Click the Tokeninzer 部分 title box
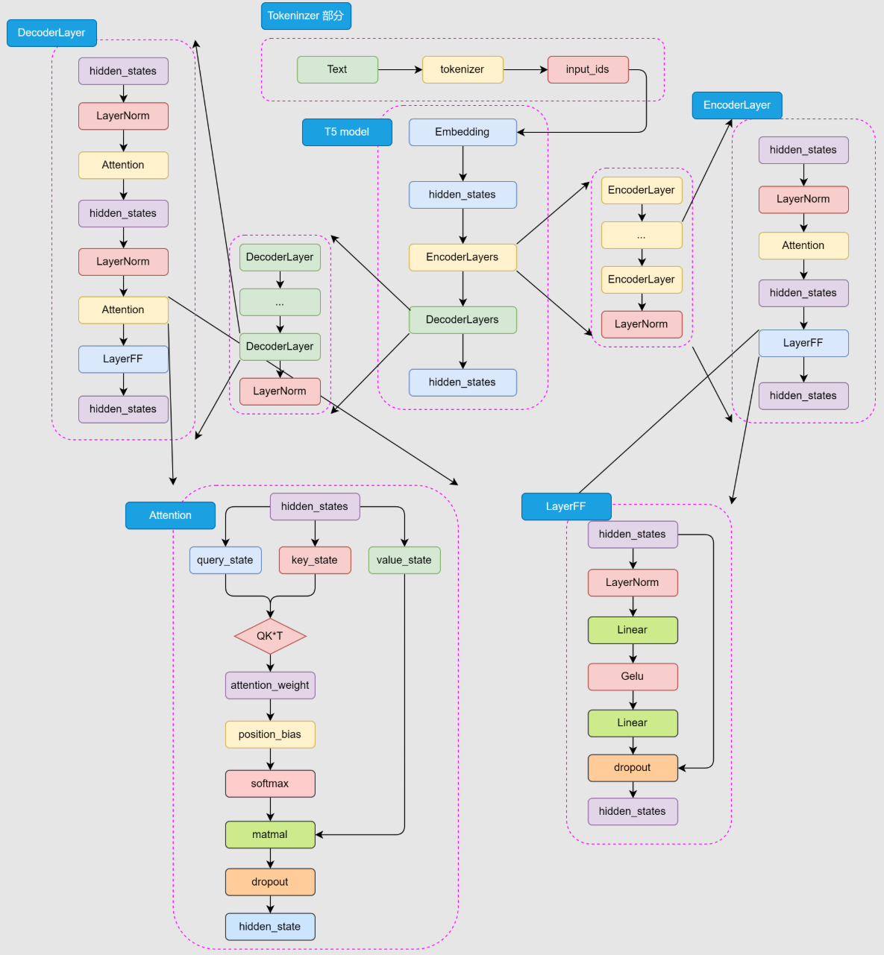[x=306, y=16]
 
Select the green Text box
[x=337, y=69]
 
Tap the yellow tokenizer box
[x=463, y=69]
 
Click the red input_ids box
[x=588, y=69]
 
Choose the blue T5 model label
[x=347, y=132]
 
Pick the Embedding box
[x=463, y=132]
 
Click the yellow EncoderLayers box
[x=463, y=257]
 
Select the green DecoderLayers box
[x=463, y=320]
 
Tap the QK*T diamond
[x=270, y=636]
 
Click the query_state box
[x=225, y=560]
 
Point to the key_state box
[x=315, y=560]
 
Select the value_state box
[x=404, y=560]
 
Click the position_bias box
[x=270, y=734]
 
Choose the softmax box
[x=270, y=784]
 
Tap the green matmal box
[x=270, y=834]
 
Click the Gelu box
[x=633, y=676]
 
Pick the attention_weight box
[x=270, y=685]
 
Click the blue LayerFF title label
[x=566, y=506]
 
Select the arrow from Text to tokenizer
[x=400, y=69]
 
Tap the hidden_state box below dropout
[x=270, y=927]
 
